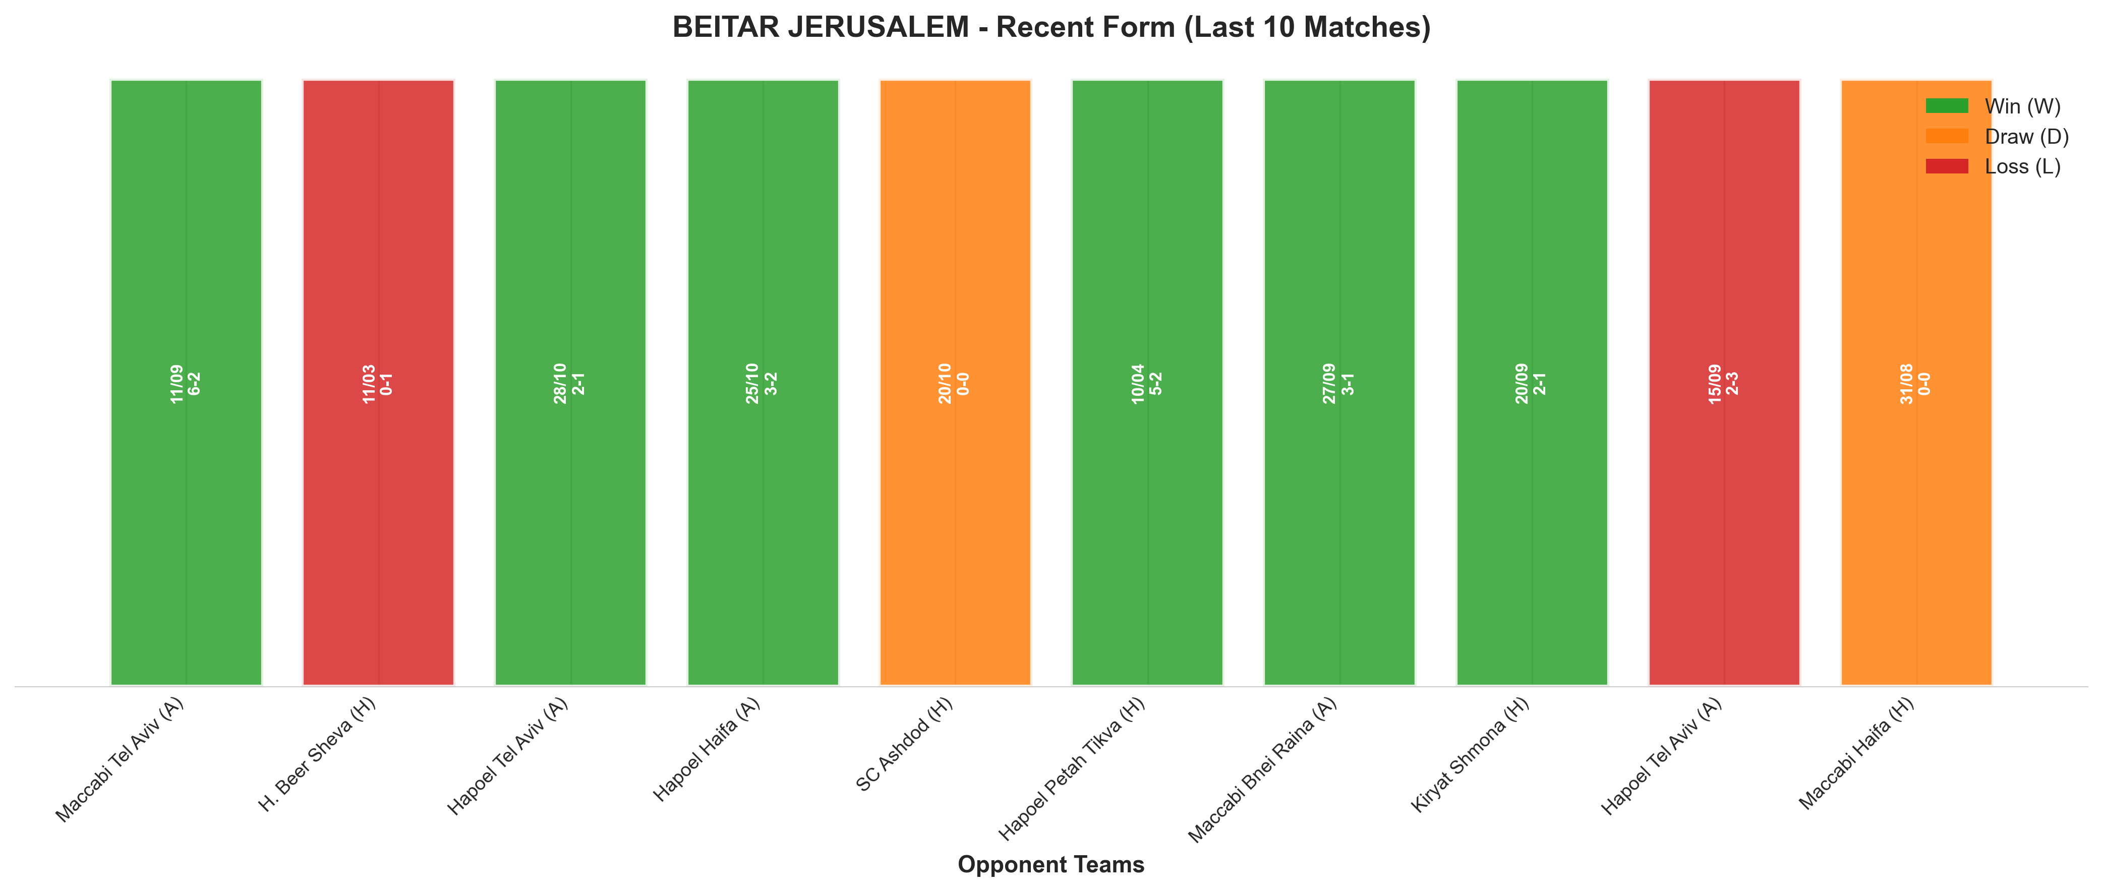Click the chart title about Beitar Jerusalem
click(1051, 27)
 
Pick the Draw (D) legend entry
click(1997, 136)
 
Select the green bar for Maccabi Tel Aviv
click(186, 382)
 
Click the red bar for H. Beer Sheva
click(378, 382)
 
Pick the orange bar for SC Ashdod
click(955, 382)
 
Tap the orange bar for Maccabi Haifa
click(1916, 382)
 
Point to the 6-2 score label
click(194, 384)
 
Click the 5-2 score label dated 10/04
click(1156, 384)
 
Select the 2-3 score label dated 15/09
click(1732, 384)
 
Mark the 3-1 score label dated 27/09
click(1348, 384)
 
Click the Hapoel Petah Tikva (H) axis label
click(1072, 769)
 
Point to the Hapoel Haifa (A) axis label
click(707, 750)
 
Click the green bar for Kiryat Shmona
click(1532, 382)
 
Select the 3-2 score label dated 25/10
click(772, 384)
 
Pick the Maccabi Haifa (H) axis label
click(1856, 754)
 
